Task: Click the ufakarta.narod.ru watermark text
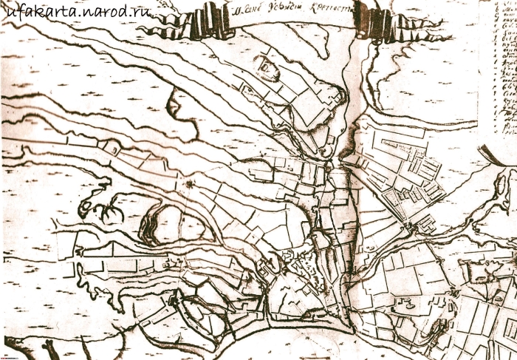tap(77, 13)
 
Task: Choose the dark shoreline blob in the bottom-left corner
tap(50, 348)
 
